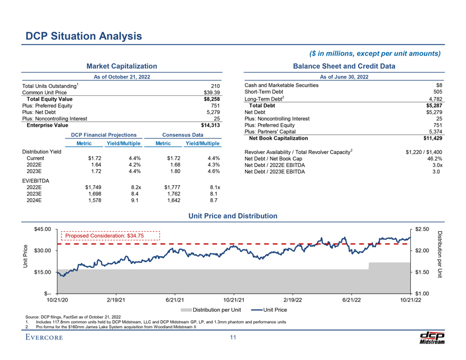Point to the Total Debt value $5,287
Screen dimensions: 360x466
pyautogui.click(x=434, y=106)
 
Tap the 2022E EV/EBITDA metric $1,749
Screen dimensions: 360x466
pyautogui.click(x=91, y=187)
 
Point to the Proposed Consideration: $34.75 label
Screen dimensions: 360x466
pyautogui.click(x=105, y=236)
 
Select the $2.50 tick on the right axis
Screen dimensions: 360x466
pyautogui.click(x=422, y=229)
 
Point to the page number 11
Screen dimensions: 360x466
pyautogui.click(x=232, y=338)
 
